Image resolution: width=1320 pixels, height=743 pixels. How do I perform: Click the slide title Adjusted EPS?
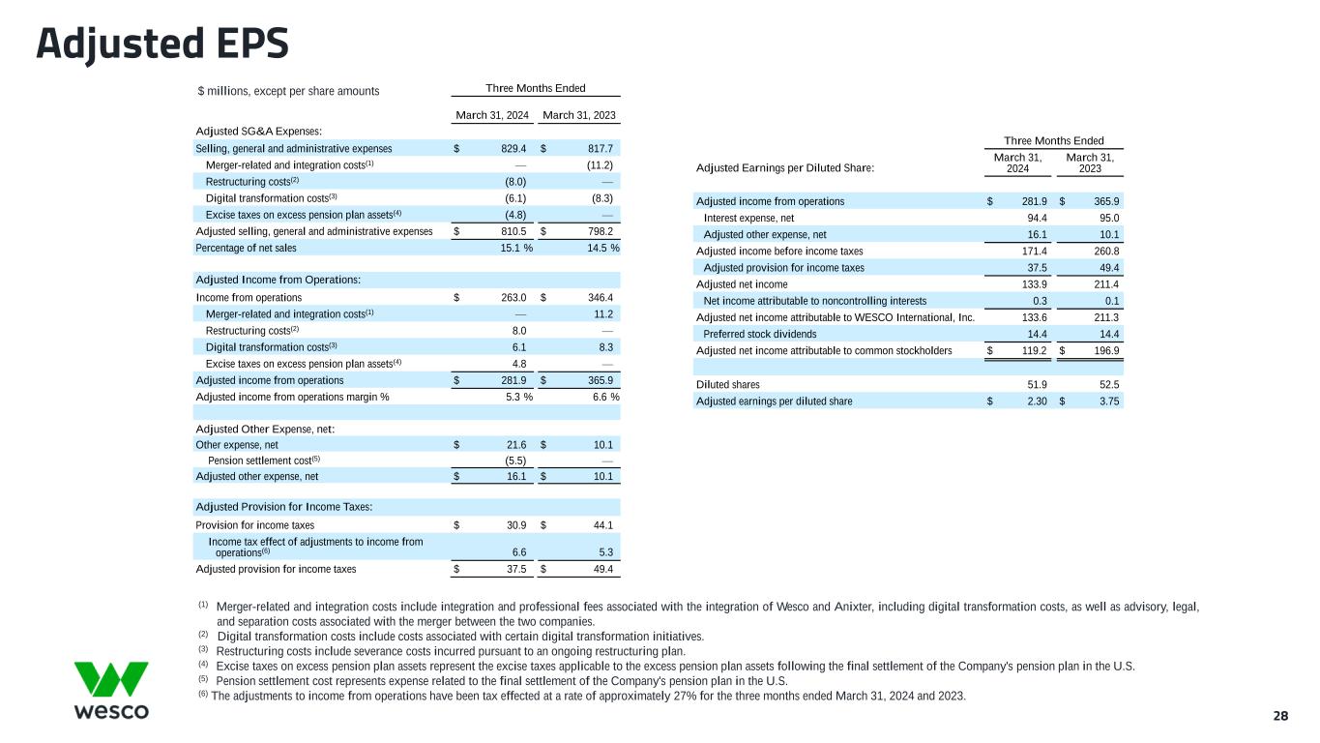[x=162, y=44]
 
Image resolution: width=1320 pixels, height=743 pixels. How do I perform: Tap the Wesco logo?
[x=111, y=690]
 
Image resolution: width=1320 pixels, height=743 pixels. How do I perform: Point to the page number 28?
[x=1280, y=716]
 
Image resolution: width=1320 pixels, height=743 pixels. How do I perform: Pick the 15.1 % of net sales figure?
[x=513, y=248]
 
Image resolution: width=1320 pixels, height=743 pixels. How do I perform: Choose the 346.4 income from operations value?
[x=600, y=297]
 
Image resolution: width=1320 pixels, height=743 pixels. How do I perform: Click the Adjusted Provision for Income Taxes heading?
[x=284, y=507]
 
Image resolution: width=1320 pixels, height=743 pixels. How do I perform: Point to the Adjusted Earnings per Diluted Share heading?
[x=785, y=168]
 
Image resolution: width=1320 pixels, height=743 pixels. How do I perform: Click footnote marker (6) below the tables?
[x=203, y=696]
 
